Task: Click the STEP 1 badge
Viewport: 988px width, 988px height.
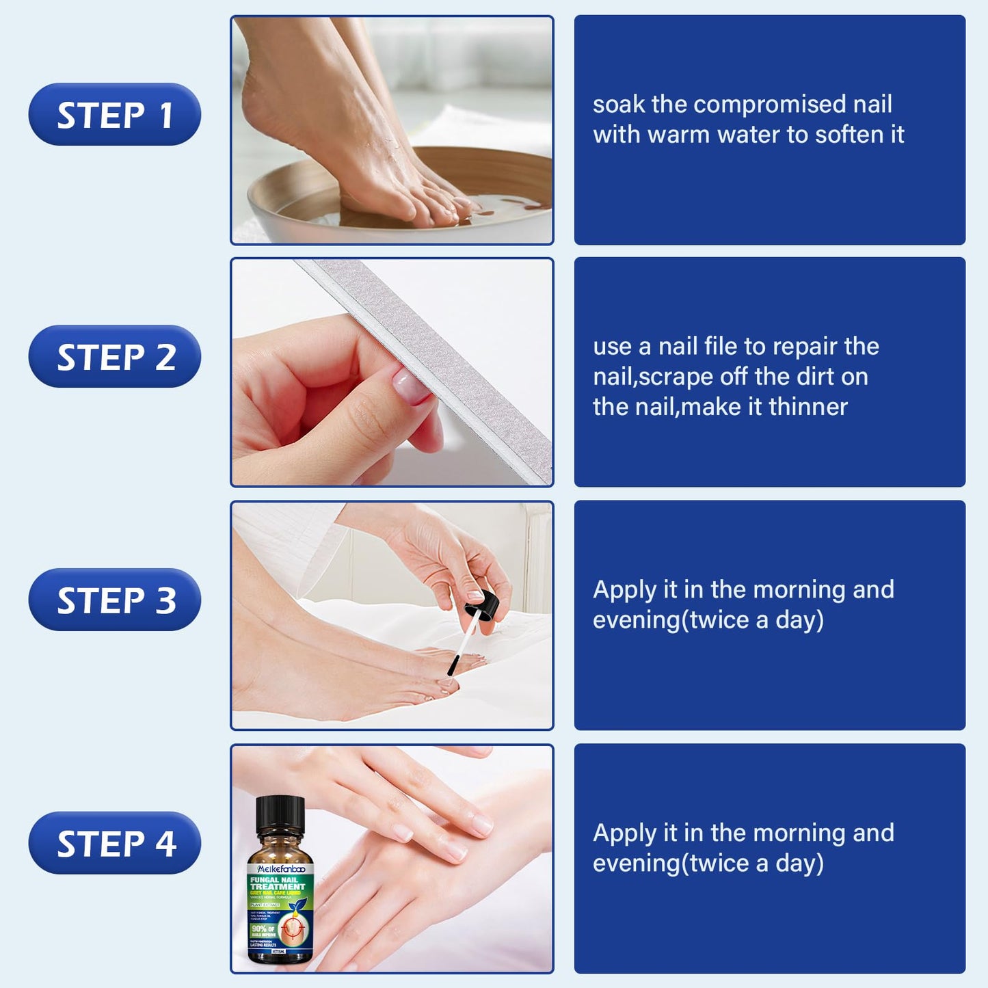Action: click(115, 115)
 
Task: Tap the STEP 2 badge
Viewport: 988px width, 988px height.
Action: click(115, 357)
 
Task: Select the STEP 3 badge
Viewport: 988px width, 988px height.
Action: click(115, 600)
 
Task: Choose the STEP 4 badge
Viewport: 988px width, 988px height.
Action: click(115, 843)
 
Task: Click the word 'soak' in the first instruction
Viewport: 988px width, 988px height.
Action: click(619, 105)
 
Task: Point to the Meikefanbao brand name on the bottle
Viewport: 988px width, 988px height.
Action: click(281, 868)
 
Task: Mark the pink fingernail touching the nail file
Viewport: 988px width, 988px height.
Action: click(410, 384)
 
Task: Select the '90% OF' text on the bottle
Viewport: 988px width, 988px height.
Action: click(263, 929)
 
